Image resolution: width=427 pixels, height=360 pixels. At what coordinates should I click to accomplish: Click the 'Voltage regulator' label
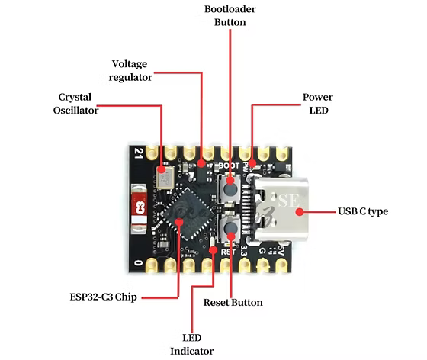pos(130,70)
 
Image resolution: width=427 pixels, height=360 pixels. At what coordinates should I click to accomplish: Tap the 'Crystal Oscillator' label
pos(75,104)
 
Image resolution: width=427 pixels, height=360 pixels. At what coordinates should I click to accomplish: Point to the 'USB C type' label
pos(363,211)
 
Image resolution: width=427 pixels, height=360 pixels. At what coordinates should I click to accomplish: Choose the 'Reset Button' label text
pos(233,303)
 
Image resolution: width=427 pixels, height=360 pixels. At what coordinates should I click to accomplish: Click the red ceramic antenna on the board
pos(140,206)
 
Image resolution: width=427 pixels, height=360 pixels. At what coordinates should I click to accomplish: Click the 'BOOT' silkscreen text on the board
pos(228,166)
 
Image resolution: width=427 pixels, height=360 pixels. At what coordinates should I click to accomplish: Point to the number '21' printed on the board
pos(136,153)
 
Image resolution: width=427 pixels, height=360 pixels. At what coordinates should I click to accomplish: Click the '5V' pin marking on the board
pos(281,249)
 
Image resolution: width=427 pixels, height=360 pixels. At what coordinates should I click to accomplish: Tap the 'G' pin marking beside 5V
pos(262,250)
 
